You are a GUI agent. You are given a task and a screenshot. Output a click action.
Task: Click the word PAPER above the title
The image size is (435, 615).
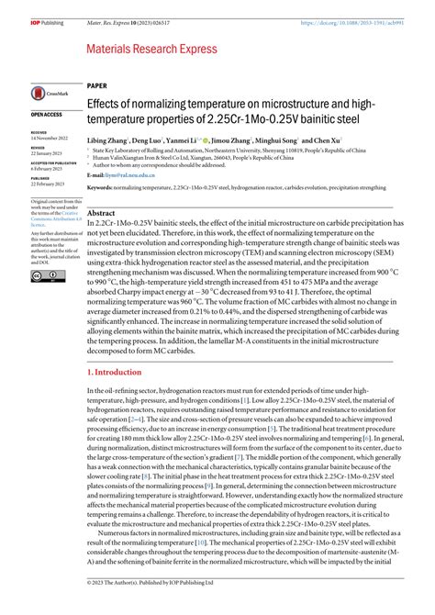96,83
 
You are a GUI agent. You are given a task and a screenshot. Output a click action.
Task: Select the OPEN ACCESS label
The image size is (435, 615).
47,115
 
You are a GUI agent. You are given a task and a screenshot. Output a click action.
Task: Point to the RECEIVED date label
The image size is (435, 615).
39,131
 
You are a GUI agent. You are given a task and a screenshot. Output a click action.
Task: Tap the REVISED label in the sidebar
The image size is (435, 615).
38,146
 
